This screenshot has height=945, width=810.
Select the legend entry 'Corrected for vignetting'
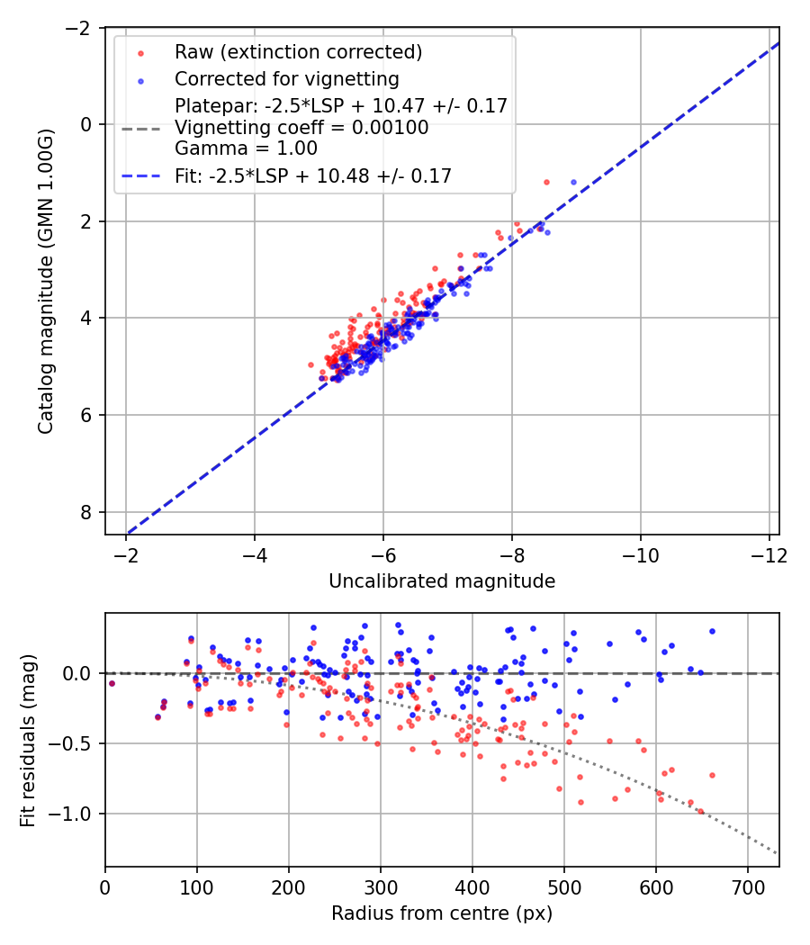point(287,78)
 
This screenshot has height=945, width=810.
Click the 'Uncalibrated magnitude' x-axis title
point(442,581)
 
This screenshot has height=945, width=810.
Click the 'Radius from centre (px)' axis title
point(442,913)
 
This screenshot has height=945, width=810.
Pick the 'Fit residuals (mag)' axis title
point(27,740)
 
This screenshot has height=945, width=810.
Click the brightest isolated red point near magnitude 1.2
point(546,182)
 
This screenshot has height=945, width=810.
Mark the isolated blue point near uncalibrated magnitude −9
point(573,182)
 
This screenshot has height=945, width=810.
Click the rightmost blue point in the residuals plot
point(712,631)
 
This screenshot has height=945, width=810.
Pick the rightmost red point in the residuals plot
point(712,775)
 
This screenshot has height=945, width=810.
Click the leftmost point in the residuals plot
point(112,683)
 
